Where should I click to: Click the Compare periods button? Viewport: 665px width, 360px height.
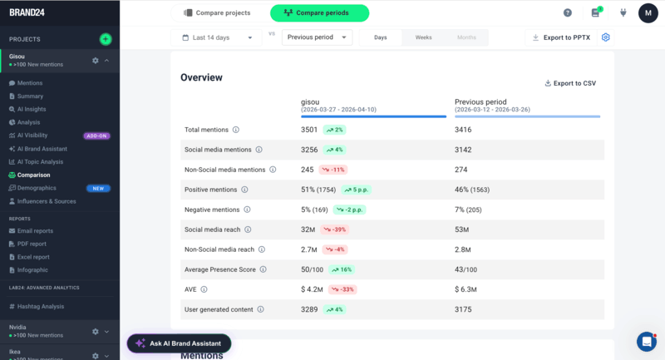point(319,13)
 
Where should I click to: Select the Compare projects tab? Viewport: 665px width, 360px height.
point(217,13)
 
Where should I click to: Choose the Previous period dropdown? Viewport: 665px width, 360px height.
point(317,37)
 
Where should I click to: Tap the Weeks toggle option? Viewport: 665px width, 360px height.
point(423,37)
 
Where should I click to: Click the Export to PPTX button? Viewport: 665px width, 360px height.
point(563,37)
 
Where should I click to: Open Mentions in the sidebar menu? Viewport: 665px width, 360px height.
point(30,83)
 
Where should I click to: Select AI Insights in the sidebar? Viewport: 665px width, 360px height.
point(32,109)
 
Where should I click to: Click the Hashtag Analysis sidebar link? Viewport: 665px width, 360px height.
point(41,306)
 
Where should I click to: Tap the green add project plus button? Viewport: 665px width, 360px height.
point(105,39)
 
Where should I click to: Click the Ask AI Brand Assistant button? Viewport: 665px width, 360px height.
point(179,343)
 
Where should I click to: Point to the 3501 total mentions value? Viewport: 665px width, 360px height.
point(310,130)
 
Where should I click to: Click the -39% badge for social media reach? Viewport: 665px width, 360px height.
point(335,229)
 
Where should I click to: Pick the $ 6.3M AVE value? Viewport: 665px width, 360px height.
point(465,289)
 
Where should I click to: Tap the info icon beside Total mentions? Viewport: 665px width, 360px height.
point(236,130)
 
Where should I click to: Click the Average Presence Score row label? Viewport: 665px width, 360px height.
point(220,269)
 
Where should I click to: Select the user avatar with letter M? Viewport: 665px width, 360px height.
point(648,13)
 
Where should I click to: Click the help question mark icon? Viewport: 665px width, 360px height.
point(568,13)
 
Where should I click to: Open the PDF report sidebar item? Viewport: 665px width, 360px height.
point(32,244)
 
